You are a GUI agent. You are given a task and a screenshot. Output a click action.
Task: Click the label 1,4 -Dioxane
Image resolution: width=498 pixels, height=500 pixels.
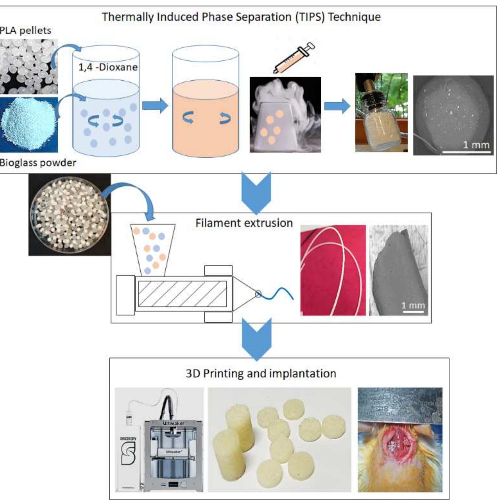pos(108,67)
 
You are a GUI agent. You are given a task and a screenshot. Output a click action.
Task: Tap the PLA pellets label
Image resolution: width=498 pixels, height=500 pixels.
pos(25,30)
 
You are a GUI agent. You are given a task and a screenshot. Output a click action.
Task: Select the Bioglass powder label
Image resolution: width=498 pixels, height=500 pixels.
pos(38,163)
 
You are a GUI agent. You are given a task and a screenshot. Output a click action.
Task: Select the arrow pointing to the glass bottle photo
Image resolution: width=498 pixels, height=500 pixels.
pos(337,106)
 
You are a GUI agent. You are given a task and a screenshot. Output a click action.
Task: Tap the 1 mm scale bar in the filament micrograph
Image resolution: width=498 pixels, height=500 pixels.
pos(413,311)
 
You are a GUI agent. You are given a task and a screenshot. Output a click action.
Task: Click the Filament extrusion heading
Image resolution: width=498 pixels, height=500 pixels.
pos(244,223)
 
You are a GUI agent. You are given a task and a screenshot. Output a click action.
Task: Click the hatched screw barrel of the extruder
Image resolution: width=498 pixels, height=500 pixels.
pos(182,294)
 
